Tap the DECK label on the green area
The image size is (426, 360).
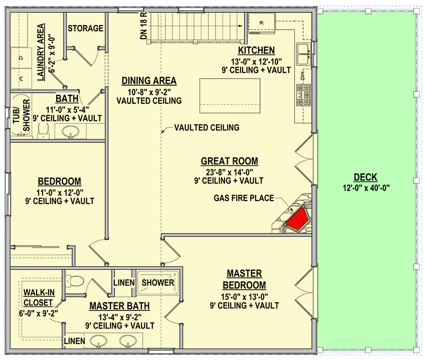[365, 177]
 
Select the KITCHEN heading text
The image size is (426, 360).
[256, 50]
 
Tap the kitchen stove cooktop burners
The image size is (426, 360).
[303, 95]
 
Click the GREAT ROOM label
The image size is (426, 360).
[230, 161]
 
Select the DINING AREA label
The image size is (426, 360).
[149, 81]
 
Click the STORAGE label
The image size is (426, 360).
[85, 29]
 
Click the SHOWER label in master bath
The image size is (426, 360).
[158, 283]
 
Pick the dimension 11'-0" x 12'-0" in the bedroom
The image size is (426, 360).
[59, 192]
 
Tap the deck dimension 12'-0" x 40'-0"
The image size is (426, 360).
[365, 188]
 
